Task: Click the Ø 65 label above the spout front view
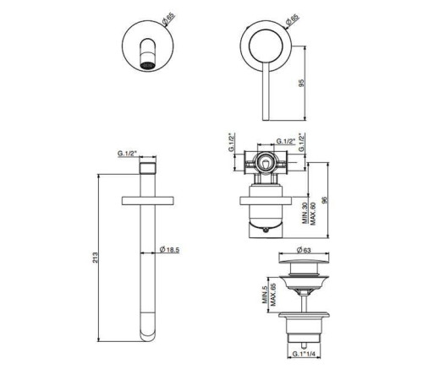[x=168, y=19]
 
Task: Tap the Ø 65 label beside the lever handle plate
[x=292, y=20]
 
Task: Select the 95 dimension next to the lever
[x=301, y=83]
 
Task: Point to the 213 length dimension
[x=96, y=258]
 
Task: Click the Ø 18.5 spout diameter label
[x=169, y=249]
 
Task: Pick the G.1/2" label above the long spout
[x=127, y=154]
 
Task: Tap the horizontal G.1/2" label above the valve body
[x=285, y=141]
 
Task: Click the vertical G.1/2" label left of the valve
[x=232, y=142]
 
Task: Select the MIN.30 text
[x=305, y=214]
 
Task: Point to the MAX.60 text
[x=313, y=214]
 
